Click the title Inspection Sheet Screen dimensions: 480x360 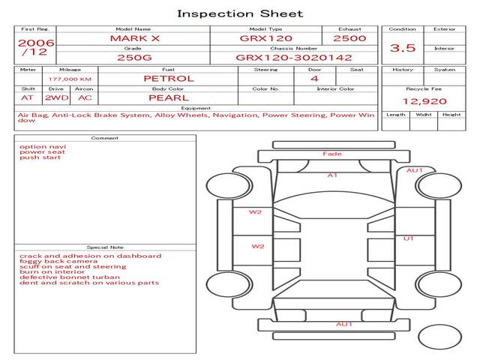tap(240, 13)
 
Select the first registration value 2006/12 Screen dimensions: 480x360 tap(36, 47)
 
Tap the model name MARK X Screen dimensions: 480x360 tap(135, 38)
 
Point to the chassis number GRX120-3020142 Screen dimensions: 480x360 tap(294, 58)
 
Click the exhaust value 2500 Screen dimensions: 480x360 tap(349, 38)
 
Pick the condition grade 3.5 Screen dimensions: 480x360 tap(403, 48)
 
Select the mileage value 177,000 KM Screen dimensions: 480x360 tap(70, 79)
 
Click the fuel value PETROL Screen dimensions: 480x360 tap(169, 79)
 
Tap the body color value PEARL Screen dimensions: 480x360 tap(169, 98)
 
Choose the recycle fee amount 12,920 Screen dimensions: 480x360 tap(424, 101)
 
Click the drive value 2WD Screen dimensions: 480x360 tap(57, 98)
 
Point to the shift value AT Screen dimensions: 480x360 tap(27, 98)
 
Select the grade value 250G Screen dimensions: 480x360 tap(134, 58)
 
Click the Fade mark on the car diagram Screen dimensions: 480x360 tap(332, 154)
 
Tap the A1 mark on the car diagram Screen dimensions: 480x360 tap(332, 175)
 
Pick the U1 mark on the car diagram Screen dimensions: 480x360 tap(408, 238)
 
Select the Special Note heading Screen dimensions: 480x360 tap(105, 247)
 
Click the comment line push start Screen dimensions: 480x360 tap(40, 157)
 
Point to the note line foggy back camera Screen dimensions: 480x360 tap(58, 261)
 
